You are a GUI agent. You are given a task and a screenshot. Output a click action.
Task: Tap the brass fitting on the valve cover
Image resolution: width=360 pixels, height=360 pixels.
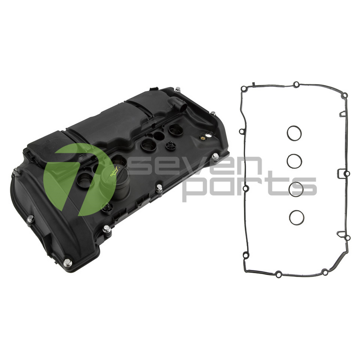point(202,138)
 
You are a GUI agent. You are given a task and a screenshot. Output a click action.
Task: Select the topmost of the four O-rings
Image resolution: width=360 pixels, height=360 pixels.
point(294,133)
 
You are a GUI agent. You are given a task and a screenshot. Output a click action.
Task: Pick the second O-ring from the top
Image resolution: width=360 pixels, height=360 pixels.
point(294,161)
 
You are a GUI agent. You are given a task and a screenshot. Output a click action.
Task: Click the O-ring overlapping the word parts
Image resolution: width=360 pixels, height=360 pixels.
point(296,189)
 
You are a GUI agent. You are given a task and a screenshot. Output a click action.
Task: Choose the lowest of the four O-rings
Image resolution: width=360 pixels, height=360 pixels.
point(297,217)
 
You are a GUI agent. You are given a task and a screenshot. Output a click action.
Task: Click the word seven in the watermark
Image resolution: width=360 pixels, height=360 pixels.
point(196,165)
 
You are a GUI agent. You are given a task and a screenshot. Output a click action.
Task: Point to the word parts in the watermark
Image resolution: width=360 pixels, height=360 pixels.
point(250,186)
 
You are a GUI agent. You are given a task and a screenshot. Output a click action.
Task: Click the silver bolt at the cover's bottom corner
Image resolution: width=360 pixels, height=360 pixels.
point(67,262)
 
